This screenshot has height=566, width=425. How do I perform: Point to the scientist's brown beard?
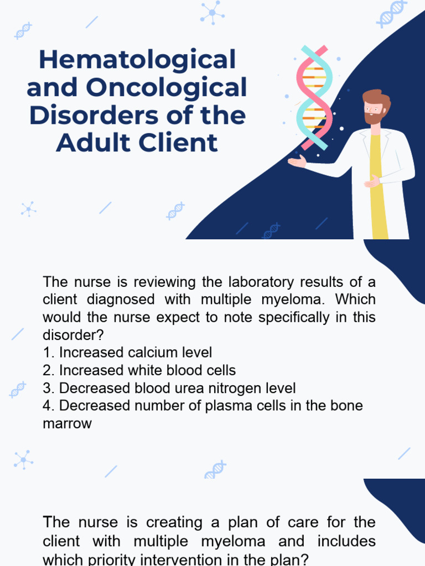click(374, 118)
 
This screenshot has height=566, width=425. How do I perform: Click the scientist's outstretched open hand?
click(297, 161)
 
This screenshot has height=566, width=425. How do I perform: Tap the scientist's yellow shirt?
click(378, 188)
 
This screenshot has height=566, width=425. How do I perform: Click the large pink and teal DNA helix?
click(314, 97)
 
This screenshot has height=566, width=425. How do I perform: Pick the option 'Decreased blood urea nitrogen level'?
click(169, 388)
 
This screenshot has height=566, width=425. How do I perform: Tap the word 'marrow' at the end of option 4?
click(67, 423)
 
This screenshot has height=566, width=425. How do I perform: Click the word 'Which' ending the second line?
click(355, 300)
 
